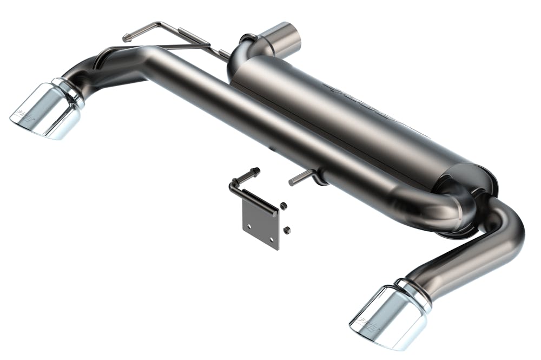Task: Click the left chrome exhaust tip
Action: pyautogui.click(x=46, y=111)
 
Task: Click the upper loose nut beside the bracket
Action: pyautogui.click(x=282, y=206)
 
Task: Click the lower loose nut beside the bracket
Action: pyautogui.click(x=287, y=230)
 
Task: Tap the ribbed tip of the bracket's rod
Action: pyautogui.click(x=254, y=172)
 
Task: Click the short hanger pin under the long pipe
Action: pyautogui.click(x=300, y=179)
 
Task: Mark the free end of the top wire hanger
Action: pyautogui.click(x=127, y=38)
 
